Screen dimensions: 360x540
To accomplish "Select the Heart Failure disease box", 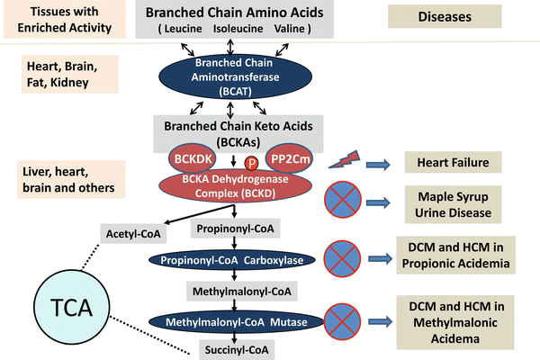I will click(x=446, y=163).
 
